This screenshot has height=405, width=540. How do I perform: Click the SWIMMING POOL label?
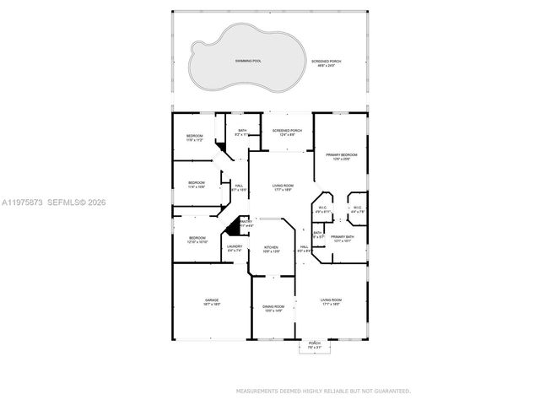[247, 62]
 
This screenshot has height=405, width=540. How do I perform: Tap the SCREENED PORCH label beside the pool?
[326, 62]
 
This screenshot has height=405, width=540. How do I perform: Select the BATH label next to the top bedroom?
[242, 130]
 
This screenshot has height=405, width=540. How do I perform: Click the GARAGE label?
[211, 300]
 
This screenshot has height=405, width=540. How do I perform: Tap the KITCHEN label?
[272, 247]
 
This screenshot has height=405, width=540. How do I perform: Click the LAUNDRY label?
[235, 246]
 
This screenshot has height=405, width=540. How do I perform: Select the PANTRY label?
[246, 222]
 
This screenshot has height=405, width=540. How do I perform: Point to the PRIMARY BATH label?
[343, 237]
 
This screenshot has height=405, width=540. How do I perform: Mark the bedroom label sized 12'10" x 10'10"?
[197, 238]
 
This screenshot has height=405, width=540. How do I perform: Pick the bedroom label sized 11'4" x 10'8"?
[197, 183]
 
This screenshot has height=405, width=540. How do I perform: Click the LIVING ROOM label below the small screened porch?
[283, 186]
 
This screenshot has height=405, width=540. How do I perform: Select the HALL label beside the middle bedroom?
[239, 186]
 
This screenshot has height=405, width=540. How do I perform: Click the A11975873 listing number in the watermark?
[23, 202]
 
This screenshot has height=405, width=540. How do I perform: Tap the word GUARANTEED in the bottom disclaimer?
[391, 391]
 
